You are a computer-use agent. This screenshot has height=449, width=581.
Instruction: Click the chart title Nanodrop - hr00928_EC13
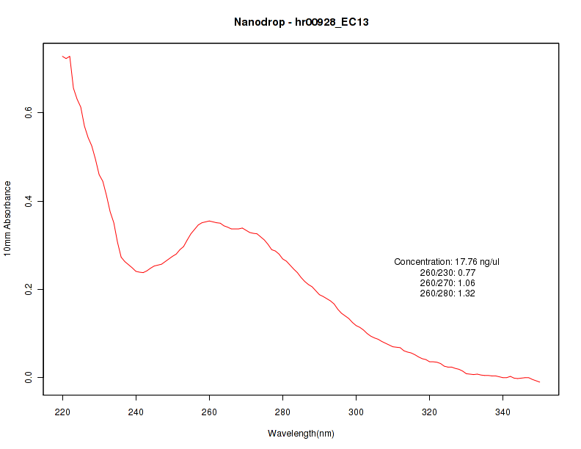click(301, 22)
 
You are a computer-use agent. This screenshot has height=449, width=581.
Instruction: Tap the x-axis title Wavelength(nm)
click(301, 434)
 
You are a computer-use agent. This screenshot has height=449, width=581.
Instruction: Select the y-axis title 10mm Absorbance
click(7, 219)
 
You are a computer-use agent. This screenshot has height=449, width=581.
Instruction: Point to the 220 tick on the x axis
click(62, 412)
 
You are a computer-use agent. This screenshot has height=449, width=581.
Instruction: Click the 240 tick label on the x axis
click(136, 412)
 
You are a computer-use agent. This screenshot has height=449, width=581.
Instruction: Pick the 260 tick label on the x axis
click(209, 412)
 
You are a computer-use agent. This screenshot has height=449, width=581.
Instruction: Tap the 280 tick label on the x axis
click(282, 412)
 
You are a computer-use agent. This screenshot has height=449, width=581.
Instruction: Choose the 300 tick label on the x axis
click(356, 412)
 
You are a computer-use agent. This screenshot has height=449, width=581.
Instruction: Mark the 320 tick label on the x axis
click(429, 412)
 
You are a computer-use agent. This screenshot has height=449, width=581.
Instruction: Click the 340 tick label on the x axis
click(503, 412)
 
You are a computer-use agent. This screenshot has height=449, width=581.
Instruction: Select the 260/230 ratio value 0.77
click(467, 272)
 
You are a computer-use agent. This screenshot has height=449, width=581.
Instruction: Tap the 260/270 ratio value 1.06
click(467, 283)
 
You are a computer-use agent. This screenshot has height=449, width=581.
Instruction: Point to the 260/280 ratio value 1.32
click(467, 293)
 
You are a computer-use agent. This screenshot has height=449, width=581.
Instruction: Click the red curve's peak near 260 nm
click(209, 221)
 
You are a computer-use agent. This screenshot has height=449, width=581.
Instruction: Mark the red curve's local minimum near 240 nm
click(143, 272)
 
